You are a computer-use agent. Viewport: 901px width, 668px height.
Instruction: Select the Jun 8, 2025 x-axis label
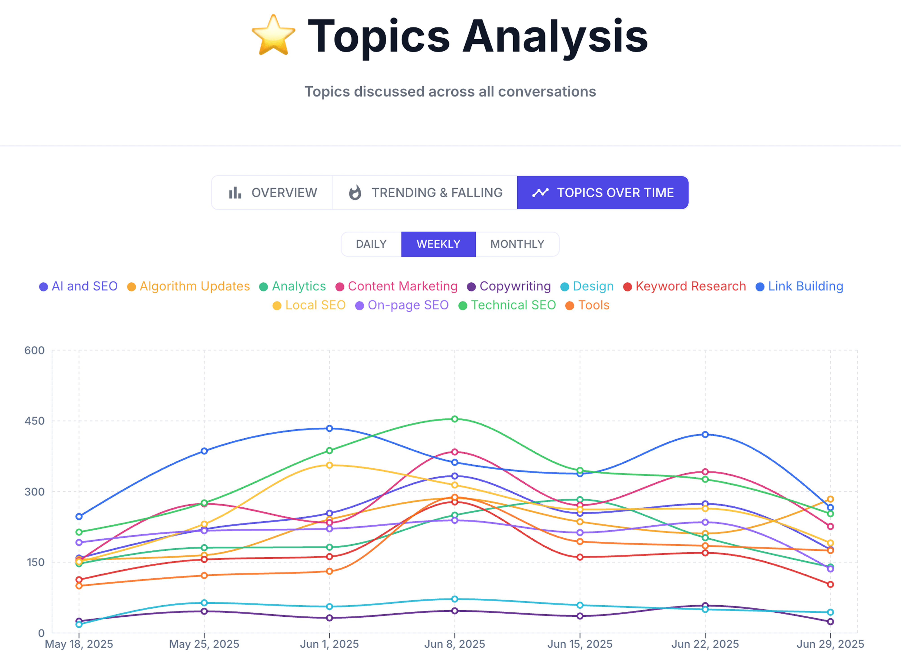tap(455, 644)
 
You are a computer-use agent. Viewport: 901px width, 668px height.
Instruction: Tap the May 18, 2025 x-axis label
tap(79, 644)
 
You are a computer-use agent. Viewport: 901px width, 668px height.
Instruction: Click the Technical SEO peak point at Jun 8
tap(455, 419)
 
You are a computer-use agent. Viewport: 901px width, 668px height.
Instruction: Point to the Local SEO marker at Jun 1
tap(329, 465)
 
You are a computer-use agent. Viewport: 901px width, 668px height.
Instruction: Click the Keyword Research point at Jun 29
tap(830, 584)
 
